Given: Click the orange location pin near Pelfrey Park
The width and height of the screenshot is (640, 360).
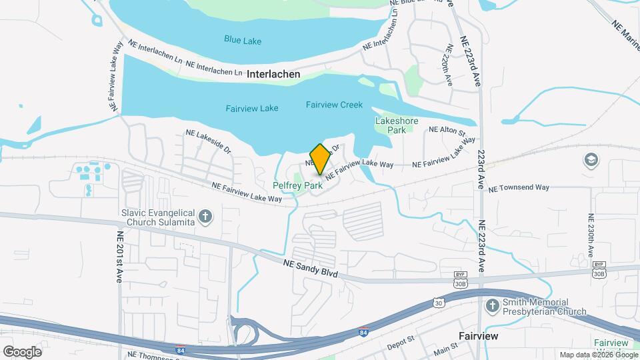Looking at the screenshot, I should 320,159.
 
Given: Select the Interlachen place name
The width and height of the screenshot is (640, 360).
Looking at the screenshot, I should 273,74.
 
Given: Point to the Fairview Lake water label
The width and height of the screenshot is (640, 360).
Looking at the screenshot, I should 251,108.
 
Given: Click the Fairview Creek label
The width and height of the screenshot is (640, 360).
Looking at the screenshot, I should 334,105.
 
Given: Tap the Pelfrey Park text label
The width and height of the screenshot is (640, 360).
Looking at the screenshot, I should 298,185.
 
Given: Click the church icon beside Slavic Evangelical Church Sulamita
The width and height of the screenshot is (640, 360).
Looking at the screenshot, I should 205,215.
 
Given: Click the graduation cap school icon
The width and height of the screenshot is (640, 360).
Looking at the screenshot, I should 590,160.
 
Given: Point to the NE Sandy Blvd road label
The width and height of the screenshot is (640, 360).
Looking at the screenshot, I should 311,269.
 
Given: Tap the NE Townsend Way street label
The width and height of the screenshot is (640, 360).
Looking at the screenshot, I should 519,188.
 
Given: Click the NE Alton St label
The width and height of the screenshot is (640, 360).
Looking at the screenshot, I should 447,130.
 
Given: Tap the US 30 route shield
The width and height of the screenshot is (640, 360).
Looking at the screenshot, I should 438,303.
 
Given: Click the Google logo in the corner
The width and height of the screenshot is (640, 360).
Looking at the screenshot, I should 22,351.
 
